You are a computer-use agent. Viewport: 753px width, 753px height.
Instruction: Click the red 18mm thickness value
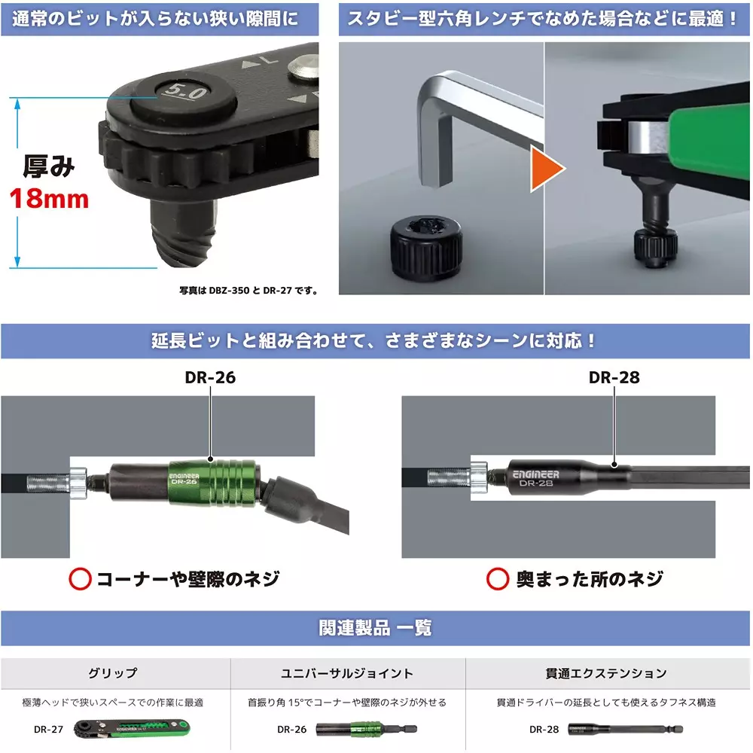pyautogui.click(x=49, y=199)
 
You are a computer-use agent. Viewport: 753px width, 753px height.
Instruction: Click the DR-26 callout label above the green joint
pyautogui.click(x=210, y=377)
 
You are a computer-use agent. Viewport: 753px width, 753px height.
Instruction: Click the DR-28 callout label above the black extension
pyautogui.click(x=614, y=377)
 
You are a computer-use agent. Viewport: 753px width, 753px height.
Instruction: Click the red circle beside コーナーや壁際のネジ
pyautogui.click(x=80, y=578)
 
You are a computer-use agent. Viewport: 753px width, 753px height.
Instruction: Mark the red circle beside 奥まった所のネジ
pyautogui.click(x=497, y=578)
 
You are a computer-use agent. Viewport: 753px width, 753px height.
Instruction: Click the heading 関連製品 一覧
pyautogui.click(x=376, y=628)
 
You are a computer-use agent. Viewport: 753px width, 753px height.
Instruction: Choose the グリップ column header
pyautogui.click(x=114, y=673)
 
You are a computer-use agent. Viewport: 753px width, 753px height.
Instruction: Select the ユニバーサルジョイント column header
pyautogui.click(x=347, y=673)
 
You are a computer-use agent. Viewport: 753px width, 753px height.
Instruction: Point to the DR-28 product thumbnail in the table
pyautogui.click(x=602, y=729)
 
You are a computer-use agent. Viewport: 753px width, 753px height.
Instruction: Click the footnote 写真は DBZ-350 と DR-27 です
pyautogui.click(x=248, y=291)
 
